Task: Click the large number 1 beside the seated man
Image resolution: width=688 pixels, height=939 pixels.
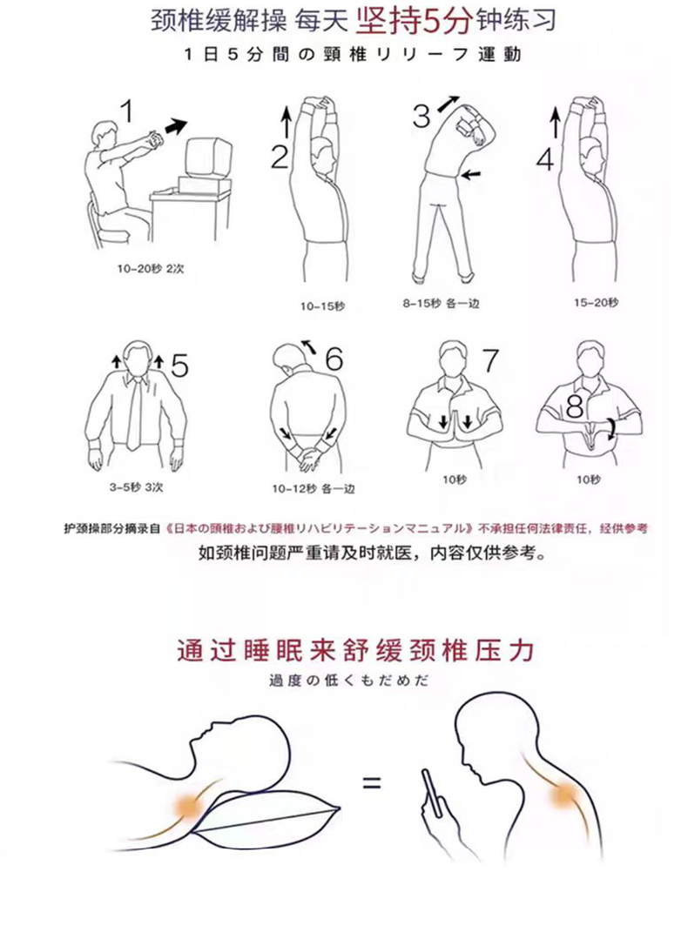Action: click(x=126, y=111)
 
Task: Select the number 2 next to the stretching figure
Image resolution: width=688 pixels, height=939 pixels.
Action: click(x=280, y=157)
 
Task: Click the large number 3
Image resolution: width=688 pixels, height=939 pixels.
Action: click(x=422, y=116)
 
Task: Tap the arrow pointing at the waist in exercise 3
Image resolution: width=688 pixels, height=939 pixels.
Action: click(x=471, y=174)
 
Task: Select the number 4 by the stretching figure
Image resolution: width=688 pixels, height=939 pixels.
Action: click(x=546, y=159)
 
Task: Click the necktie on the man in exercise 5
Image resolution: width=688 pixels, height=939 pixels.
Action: click(x=134, y=413)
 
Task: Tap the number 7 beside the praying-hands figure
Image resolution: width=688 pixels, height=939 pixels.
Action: click(x=490, y=359)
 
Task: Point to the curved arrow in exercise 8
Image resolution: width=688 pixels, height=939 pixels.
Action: click(x=610, y=429)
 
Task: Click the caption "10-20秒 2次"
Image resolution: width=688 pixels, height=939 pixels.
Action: click(x=151, y=269)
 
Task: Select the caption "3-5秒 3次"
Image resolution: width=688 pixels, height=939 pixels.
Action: click(x=136, y=486)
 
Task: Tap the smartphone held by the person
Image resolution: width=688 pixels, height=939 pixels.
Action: click(x=433, y=794)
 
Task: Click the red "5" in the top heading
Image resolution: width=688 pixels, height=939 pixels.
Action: click(x=432, y=23)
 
